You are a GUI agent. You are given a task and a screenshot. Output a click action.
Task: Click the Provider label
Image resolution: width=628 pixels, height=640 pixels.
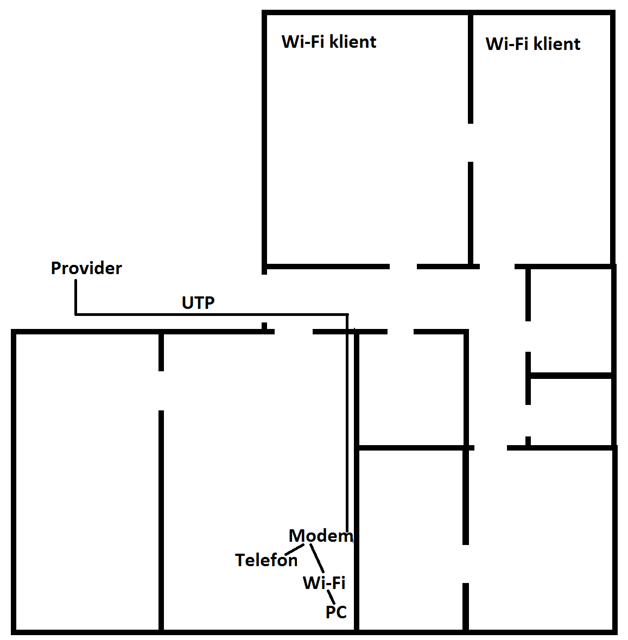(x=86, y=268)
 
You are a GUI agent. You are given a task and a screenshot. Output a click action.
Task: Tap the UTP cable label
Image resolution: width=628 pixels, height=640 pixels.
(x=198, y=303)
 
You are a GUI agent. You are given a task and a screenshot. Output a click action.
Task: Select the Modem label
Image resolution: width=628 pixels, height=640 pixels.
(x=320, y=536)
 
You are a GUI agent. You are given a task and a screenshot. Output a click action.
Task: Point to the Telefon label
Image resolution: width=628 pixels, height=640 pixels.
(x=266, y=560)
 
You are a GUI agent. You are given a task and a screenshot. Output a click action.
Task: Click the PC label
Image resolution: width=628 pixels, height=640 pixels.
(x=336, y=612)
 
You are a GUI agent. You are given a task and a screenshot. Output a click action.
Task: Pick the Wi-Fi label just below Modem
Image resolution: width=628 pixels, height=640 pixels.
(x=324, y=583)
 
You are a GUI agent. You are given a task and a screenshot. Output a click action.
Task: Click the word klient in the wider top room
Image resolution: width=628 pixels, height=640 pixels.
(x=352, y=42)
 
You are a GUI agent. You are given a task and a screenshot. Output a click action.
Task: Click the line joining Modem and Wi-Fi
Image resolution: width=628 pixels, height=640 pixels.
(x=317, y=558)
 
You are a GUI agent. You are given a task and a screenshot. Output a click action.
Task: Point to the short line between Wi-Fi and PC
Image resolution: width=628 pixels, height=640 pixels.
(x=331, y=598)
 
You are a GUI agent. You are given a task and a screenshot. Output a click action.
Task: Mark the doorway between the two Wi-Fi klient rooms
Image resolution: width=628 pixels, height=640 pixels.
(x=471, y=142)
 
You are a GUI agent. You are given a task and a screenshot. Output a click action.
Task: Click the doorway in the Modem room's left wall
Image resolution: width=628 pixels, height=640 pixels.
(x=161, y=391)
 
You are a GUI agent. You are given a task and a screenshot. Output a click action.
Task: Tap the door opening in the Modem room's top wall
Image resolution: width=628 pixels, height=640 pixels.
(x=293, y=331)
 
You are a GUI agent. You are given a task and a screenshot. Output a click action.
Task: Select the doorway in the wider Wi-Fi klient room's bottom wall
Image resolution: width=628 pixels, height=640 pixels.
(x=403, y=267)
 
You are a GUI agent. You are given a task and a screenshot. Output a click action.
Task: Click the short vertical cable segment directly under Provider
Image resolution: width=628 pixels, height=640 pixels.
(x=75, y=297)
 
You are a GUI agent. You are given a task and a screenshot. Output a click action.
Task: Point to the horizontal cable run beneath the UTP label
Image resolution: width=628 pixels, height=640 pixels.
(x=212, y=314)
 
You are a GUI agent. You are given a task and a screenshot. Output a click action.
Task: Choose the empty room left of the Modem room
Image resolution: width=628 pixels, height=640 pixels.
(x=87, y=483)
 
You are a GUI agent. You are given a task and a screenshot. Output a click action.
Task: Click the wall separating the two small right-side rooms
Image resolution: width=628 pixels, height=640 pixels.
(x=570, y=376)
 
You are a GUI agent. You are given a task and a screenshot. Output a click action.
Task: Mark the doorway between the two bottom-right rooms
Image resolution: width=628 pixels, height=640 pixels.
(x=466, y=563)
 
